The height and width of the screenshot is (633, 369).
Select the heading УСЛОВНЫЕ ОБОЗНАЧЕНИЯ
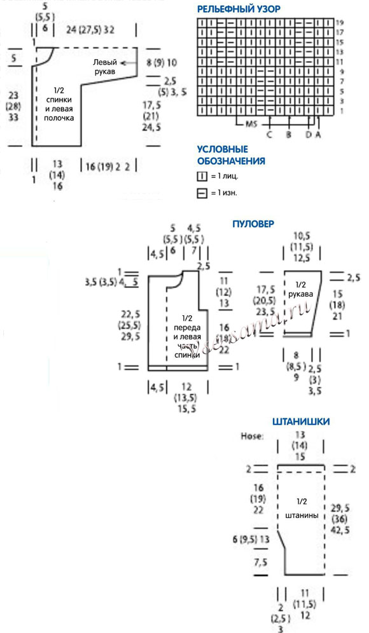tap(231, 156)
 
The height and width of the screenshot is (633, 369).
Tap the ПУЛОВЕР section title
tap(253, 224)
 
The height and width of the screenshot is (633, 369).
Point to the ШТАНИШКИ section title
tap(300, 421)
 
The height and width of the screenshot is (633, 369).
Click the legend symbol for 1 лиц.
tap(202, 176)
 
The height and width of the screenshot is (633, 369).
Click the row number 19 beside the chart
tap(340, 22)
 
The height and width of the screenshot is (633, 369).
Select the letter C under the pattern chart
tap(269, 135)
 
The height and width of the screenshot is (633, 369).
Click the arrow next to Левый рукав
tap(130, 63)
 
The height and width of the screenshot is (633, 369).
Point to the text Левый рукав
tap(105, 68)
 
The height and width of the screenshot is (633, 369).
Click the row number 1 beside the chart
tap(338, 111)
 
